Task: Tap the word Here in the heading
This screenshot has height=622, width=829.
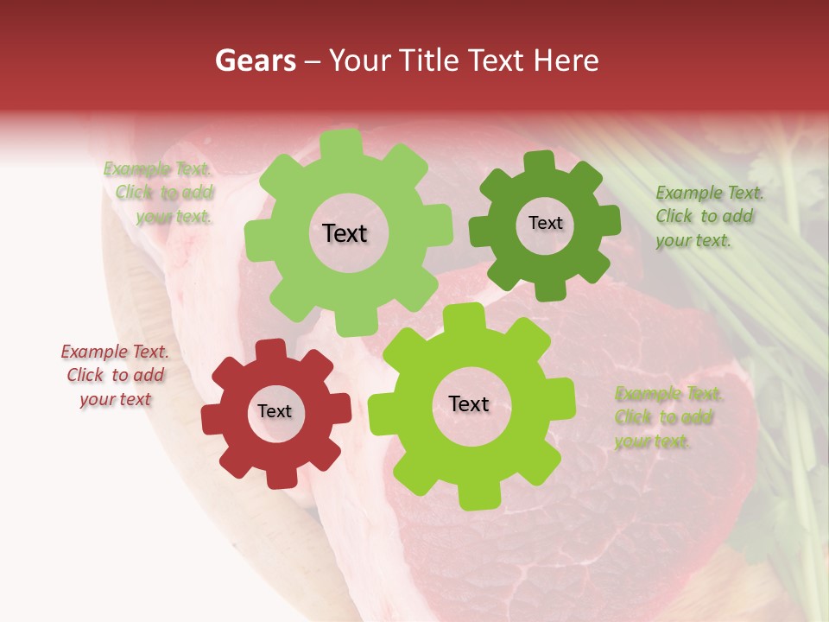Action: coord(566,60)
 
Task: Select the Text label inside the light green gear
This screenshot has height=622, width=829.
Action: coord(345,233)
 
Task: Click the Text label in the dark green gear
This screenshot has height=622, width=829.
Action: coord(545,223)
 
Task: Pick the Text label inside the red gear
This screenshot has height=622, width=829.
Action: coord(275,411)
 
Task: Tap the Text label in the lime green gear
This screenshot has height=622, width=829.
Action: coord(469,403)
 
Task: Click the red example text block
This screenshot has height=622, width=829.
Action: coord(115,375)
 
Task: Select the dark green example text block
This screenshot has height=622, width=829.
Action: coord(705,216)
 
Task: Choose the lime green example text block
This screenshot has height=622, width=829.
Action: coord(668,417)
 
